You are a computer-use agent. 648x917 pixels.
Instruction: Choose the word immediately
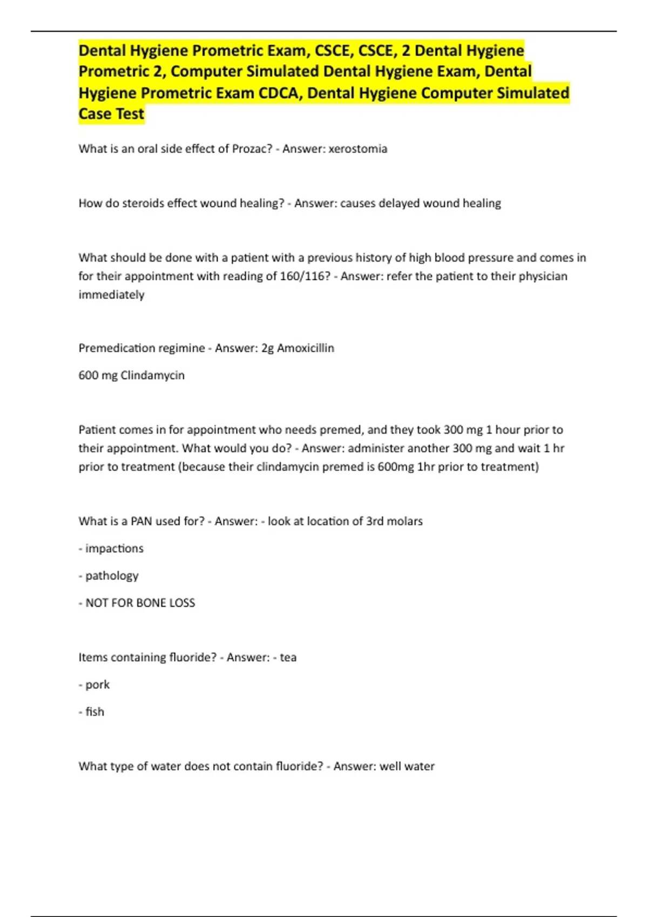coord(111,295)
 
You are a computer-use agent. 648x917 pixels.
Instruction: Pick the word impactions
coord(114,549)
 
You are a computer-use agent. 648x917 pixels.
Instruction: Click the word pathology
coord(112,576)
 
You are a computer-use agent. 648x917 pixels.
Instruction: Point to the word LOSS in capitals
coord(182,603)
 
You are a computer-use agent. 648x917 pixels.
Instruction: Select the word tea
coord(288,658)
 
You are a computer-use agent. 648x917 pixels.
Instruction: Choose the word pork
coord(97,685)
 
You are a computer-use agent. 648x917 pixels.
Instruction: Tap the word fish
coord(94,712)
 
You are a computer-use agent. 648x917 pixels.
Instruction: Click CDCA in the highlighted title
coord(280,93)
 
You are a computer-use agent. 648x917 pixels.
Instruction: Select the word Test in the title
coord(130,114)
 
